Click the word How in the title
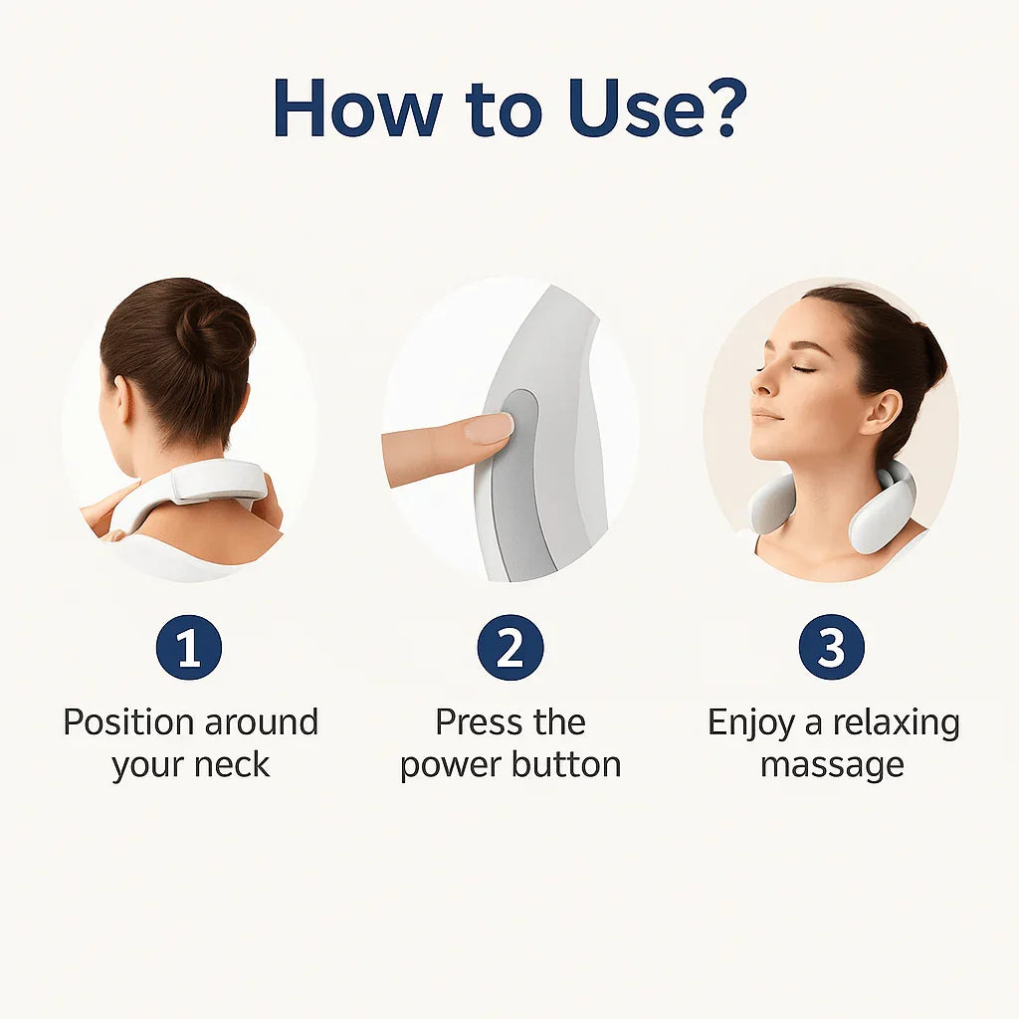(358, 107)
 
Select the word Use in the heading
(636, 107)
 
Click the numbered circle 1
(189, 647)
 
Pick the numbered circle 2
(510, 647)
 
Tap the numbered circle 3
(831, 647)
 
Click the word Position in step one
(128, 722)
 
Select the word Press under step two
(479, 722)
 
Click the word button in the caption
(565, 764)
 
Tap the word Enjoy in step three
(750, 723)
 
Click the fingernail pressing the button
(490, 429)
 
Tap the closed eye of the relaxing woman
(803, 370)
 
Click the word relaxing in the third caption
(897, 723)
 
